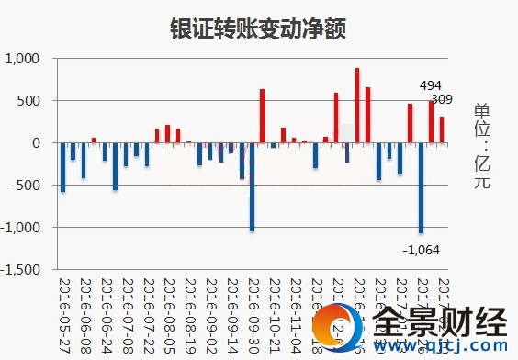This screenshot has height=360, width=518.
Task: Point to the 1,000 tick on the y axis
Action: pyautogui.click(x=23, y=59)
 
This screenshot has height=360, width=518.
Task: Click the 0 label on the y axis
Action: pyautogui.click(x=38, y=143)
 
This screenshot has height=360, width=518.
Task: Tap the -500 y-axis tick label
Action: pyautogui.click(x=27, y=186)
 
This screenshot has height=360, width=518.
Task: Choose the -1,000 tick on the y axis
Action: pyautogui.click(x=21, y=228)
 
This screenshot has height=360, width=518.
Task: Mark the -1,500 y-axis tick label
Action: pyautogui.click(x=21, y=270)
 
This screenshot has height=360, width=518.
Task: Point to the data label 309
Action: pyautogui.click(x=443, y=99)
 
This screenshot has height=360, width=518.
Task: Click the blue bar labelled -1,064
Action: pyautogui.click(x=421, y=187)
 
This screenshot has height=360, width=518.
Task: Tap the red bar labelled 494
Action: pyautogui.click(x=431, y=122)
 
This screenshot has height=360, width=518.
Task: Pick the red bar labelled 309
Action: pyautogui.click(x=442, y=129)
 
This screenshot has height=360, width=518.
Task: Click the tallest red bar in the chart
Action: pyautogui.click(x=357, y=105)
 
